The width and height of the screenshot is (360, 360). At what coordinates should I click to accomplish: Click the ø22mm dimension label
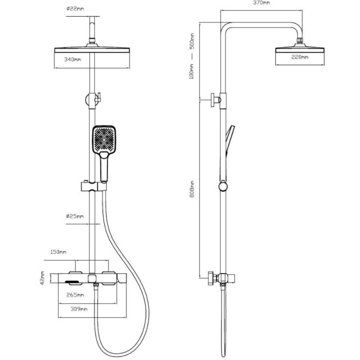click(75, 9)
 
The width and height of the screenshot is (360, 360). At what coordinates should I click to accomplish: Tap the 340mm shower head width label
click(73, 59)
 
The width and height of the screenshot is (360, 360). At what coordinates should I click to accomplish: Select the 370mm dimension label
click(261, 3)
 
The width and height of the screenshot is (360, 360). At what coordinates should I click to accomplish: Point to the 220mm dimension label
click(300, 57)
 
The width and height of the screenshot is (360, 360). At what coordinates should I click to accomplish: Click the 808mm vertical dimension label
click(192, 189)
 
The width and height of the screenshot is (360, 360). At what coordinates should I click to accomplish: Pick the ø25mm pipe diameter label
click(75, 216)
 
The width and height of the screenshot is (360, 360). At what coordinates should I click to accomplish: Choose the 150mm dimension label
click(58, 252)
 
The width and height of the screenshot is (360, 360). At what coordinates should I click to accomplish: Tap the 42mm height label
click(42, 278)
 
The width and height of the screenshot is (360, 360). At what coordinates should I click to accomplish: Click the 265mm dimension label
click(75, 295)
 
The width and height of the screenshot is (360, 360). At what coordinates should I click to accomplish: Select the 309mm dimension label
click(79, 309)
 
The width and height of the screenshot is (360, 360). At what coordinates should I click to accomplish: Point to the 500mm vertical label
click(192, 41)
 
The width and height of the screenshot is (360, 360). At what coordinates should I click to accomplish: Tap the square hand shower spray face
click(104, 139)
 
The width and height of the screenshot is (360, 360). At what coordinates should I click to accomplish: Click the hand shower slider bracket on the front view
click(94, 186)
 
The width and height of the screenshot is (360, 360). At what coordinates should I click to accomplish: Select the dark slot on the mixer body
click(72, 282)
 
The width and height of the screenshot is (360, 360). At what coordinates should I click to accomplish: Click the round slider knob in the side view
click(223, 186)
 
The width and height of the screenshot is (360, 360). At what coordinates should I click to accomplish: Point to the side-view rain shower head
click(300, 49)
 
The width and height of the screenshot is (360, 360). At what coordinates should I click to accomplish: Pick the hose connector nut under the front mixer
click(96, 285)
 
